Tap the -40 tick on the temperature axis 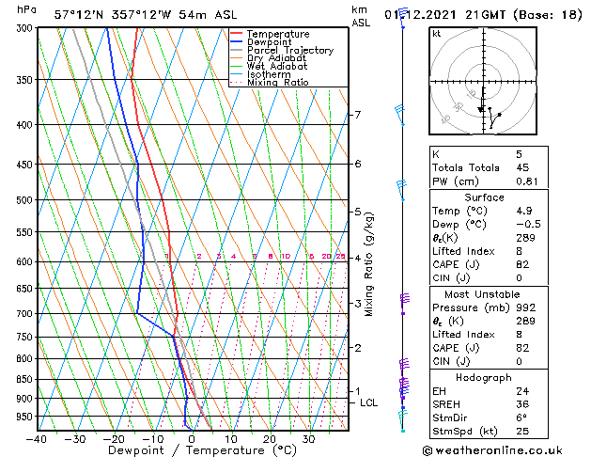(x=38, y=438)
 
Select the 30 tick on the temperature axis (x=308, y=438)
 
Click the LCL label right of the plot (x=369, y=402)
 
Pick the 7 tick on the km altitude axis (x=357, y=115)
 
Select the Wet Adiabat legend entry (x=277, y=67)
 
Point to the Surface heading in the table (x=485, y=197)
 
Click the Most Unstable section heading (x=485, y=293)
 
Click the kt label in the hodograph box (x=437, y=33)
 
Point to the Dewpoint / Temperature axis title (x=188, y=450)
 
